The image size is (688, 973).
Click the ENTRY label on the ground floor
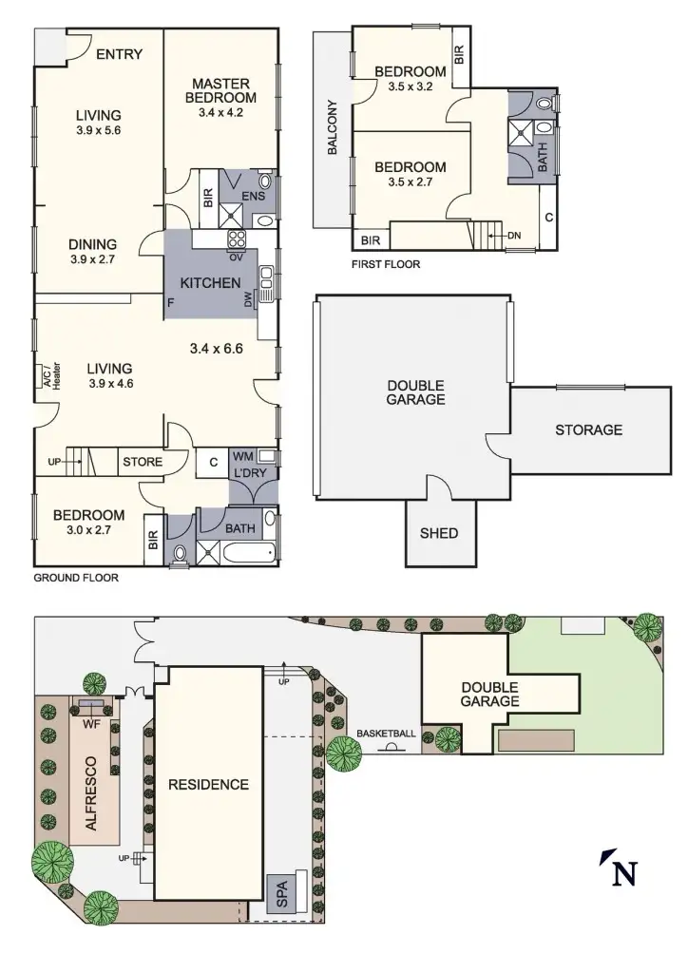point(119,54)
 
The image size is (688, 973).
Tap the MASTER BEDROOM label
point(220,89)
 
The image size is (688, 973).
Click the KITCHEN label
point(209,282)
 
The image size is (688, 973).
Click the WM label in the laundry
point(242,456)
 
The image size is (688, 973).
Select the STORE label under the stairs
point(142,463)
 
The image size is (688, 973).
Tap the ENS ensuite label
point(252,197)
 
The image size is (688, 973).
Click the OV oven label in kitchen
point(235,256)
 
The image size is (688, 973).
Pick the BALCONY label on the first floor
point(333,127)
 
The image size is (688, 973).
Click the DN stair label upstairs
point(514,235)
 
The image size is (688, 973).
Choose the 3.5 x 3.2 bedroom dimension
point(410,86)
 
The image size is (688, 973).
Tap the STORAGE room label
point(588,429)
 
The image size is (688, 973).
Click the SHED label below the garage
point(438,532)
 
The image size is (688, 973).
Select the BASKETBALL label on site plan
point(386,734)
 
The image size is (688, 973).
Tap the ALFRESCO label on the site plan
point(91,794)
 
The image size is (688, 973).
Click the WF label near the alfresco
point(92,724)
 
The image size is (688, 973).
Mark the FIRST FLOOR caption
point(385,264)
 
